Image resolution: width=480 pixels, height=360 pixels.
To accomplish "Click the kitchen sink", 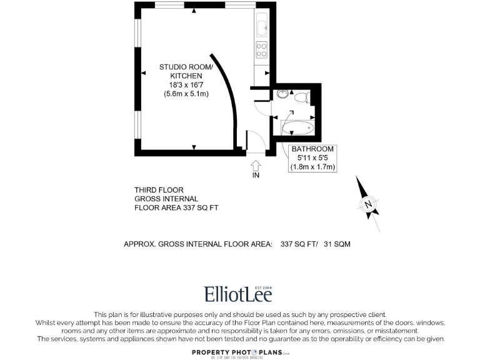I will click(261, 27).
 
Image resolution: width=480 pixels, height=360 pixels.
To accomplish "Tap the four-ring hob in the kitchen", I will click(261, 49).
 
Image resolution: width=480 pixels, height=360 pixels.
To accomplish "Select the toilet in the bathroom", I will click(301, 97).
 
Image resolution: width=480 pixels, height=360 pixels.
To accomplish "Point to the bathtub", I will click(296, 129).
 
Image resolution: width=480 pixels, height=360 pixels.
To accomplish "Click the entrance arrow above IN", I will click(255, 165).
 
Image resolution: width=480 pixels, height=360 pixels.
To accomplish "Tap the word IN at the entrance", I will click(255, 176).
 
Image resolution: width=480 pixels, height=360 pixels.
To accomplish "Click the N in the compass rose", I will click(369, 204).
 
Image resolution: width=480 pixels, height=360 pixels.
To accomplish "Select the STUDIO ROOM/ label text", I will click(186, 67).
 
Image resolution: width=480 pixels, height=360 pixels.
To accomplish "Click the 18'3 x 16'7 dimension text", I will click(186, 85).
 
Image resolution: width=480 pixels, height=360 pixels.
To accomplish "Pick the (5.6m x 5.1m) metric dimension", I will click(186, 94).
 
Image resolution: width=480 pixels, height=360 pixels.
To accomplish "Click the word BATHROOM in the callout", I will click(312, 149).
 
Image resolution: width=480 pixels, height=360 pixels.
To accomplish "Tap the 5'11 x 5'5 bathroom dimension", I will click(312, 158).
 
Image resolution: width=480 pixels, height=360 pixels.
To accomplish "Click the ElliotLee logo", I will click(238, 294).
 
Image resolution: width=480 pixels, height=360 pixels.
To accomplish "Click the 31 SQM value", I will click(337, 244).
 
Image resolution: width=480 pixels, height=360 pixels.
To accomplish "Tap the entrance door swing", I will click(255, 141).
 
